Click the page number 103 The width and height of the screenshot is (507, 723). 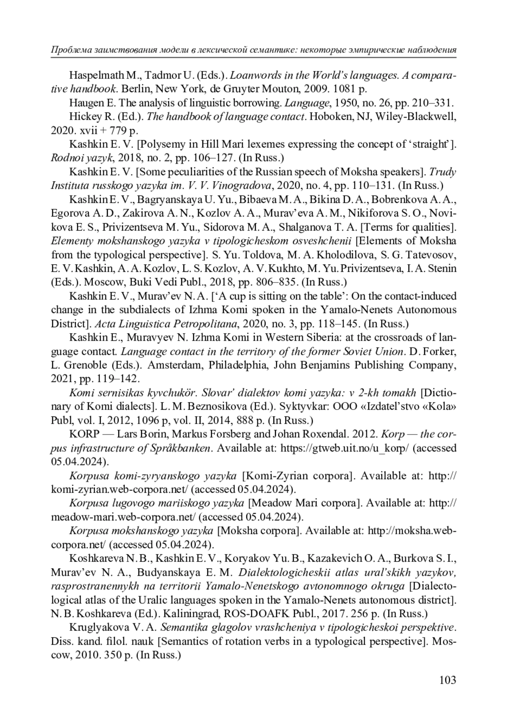click(447, 680)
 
